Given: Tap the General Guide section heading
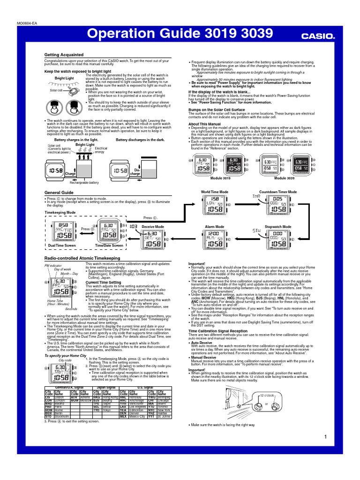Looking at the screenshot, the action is pos(59,193).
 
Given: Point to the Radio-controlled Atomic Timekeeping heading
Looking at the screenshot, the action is pos(82,258).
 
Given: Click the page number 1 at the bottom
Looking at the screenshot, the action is pos(325,437).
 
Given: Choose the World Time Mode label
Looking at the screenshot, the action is pos(215,192).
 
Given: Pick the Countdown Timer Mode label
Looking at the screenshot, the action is pos(278,192).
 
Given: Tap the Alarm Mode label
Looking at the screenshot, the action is pos(215,227).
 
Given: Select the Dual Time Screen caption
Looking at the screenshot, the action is pos(61,246).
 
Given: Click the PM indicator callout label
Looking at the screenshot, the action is pos(53,266).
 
